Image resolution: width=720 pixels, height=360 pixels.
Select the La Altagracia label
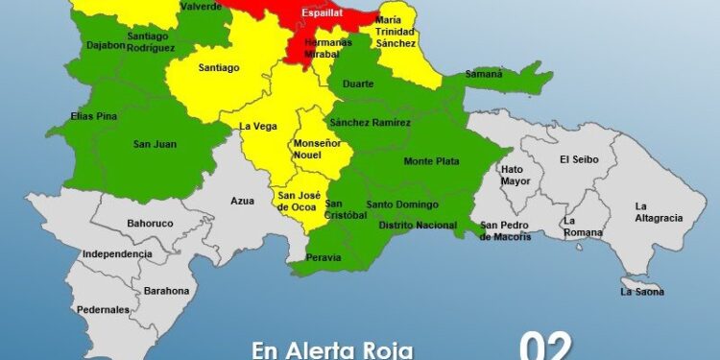tap(659, 212)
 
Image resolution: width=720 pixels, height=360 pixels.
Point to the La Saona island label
tap(642, 291)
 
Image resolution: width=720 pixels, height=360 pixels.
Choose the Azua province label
tap(242, 202)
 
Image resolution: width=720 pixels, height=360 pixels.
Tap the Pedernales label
tap(104, 310)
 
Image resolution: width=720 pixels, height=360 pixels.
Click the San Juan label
tap(154, 144)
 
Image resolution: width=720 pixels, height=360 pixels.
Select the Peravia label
tap(323, 257)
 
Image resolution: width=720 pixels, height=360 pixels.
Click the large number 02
tap(546, 346)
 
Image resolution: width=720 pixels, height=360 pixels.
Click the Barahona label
tap(167, 290)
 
